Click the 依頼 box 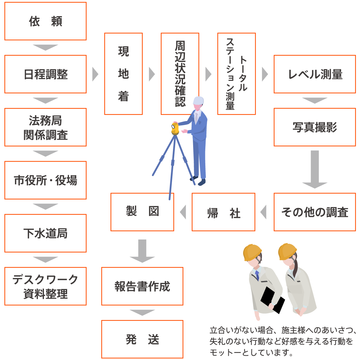pos(45,21)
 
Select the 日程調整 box pos(45,74)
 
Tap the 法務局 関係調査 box pos(45,127)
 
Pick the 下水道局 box pos(45,233)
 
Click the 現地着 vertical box pos(123,74)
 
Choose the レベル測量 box pos(315,74)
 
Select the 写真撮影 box pos(315,127)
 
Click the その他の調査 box pos(315,212)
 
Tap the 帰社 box pos(223,212)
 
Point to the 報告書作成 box pos(142,286)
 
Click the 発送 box pos(142,339)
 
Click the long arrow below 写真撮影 pos(315,169)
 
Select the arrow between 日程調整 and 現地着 pos(95,74)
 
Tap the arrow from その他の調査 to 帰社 pos(264,212)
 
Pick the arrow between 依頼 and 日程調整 pos(45,48)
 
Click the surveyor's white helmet pos(199,100)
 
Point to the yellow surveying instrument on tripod pos(175,128)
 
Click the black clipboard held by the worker pos(268,296)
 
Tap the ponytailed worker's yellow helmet pos(287,251)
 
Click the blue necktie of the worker pos(257,275)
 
